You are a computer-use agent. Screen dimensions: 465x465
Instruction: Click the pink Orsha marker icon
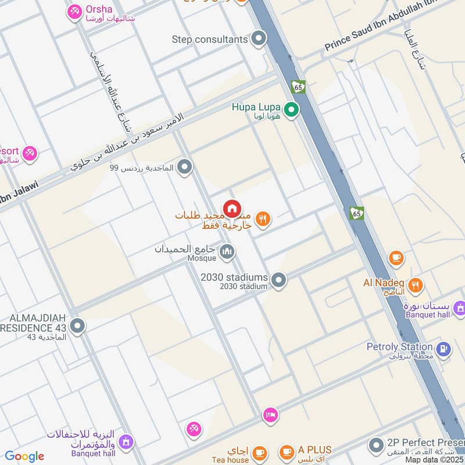[x=74, y=11]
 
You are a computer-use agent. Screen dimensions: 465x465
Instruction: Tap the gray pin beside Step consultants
[x=259, y=40]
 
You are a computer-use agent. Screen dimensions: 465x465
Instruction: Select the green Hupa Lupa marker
[x=291, y=109]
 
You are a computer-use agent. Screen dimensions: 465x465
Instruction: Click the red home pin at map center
[x=232, y=208]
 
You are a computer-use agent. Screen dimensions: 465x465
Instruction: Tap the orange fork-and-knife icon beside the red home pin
[x=263, y=219]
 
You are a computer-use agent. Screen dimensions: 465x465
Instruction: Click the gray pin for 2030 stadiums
[x=279, y=281]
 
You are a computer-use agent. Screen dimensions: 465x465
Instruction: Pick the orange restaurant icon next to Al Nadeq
[x=415, y=285]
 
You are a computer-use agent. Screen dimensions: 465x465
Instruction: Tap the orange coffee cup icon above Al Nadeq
[x=396, y=257]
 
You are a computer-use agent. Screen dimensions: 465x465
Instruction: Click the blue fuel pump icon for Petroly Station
[x=443, y=349]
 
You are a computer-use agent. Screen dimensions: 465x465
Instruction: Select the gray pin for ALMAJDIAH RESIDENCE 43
[x=77, y=326]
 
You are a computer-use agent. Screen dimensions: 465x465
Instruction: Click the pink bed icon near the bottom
[x=271, y=414]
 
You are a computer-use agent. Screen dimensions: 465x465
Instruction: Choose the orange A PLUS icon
[x=287, y=452]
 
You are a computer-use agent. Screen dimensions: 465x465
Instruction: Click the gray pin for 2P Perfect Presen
[x=375, y=446]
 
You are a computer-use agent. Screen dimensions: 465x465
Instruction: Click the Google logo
[x=24, y=457]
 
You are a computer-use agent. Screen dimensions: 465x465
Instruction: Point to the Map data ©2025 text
[x=435, y=460]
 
